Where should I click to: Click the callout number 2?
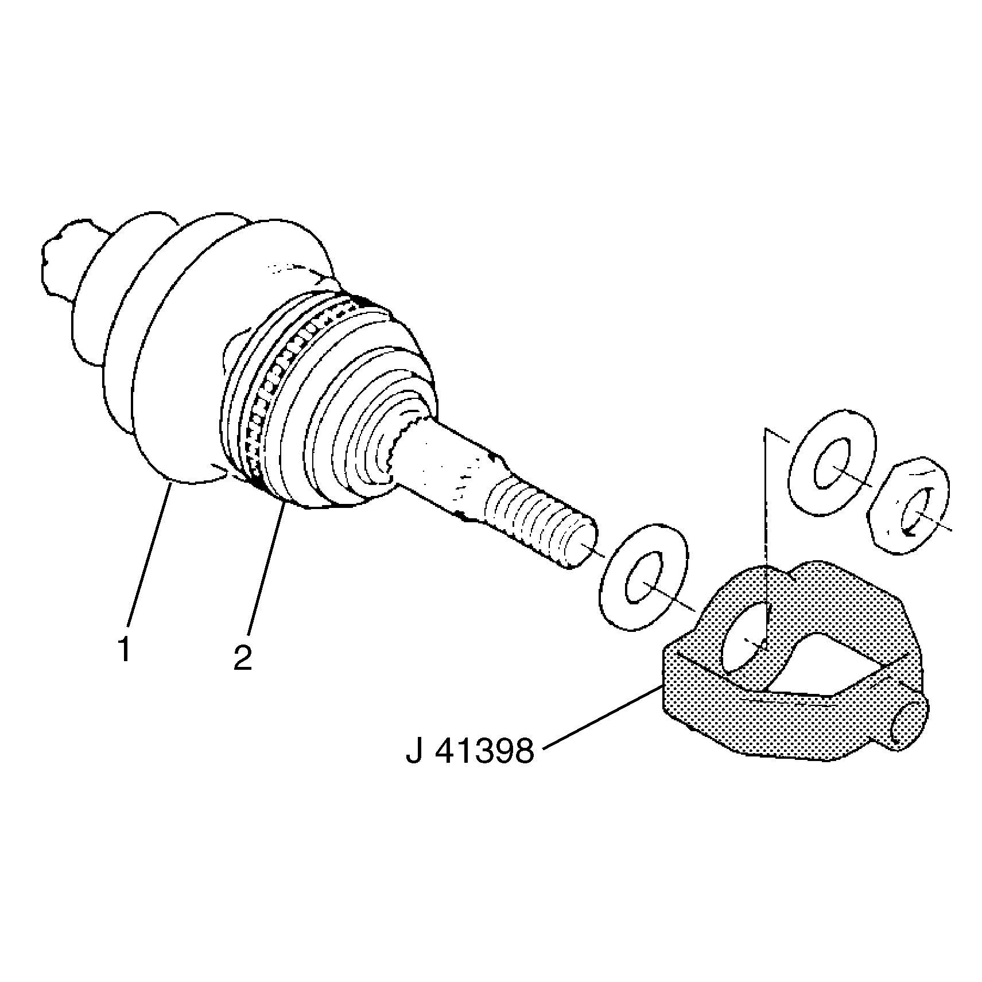pos(242,657)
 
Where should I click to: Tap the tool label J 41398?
pos(470,750)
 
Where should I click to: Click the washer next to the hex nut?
pos(833,457)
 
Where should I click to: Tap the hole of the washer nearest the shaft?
pos(644,577)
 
